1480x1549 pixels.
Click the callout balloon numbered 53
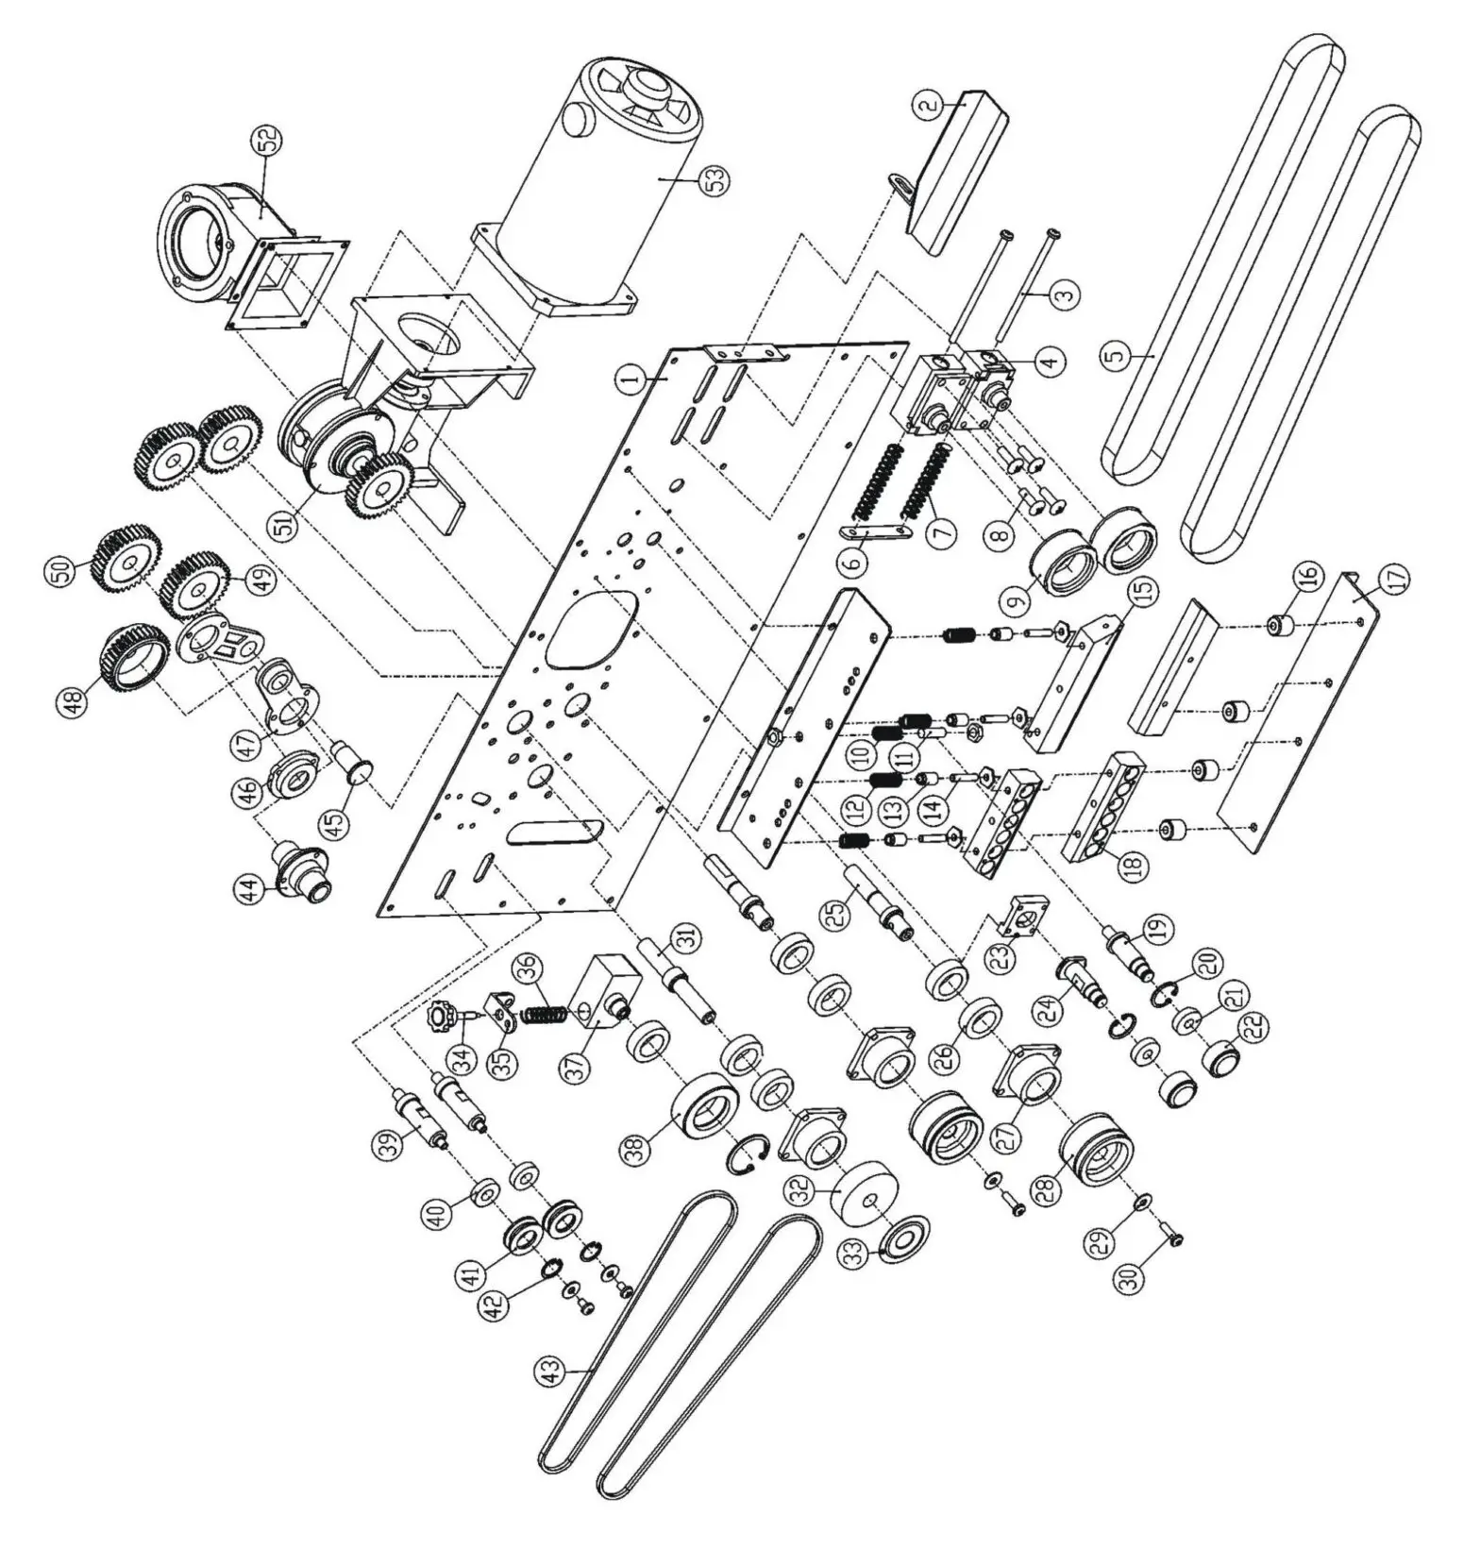click(x=721, y=180)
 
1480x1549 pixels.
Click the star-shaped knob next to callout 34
click(x=441, y=1019)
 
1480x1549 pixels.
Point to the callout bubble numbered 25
click(x=833, y=917)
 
